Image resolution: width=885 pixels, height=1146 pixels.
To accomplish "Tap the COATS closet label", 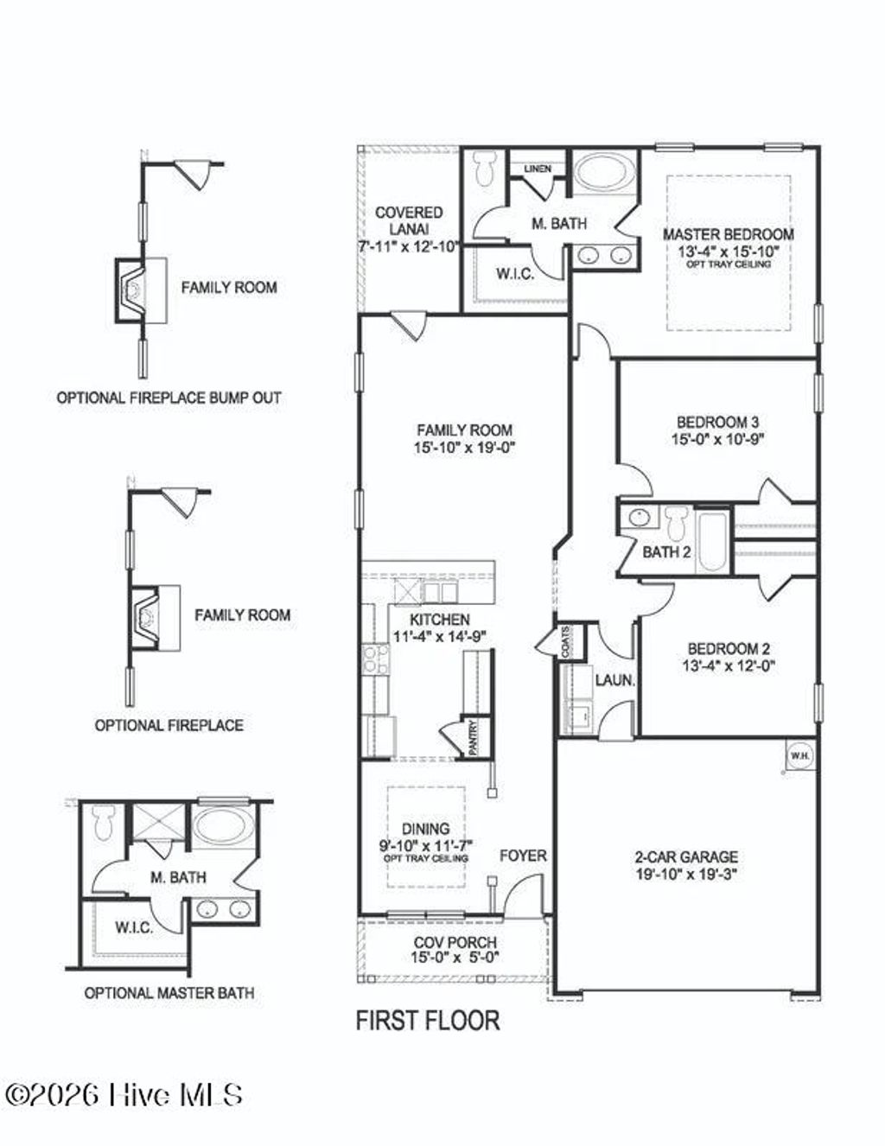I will click(x=565, y=643).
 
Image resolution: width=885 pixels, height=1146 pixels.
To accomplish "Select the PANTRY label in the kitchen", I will click(x=473, y=737).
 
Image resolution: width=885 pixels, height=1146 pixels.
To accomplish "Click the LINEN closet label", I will click(x=537, y=169).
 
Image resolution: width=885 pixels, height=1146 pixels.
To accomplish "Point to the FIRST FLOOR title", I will click(x=428, y=1020).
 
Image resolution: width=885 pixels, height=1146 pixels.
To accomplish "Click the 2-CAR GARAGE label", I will click(x=686, y=857).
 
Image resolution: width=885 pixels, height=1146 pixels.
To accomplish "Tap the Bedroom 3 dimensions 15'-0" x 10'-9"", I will click(x=716, y=439).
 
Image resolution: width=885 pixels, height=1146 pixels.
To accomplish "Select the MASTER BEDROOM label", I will click(x=728, y=233).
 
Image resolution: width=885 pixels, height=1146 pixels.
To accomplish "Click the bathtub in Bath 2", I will click(x=712, y=541).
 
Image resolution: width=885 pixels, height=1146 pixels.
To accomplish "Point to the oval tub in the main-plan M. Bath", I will click(x=603, y=173).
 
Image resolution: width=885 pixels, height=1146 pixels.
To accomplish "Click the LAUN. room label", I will click(x=614, y=681).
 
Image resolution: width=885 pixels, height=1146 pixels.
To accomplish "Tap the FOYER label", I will click(x=523, y=856).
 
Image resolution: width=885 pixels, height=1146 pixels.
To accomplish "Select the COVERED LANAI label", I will click(x=409, y=220).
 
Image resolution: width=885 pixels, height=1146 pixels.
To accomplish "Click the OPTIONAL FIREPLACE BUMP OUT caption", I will click(x=169, y=398).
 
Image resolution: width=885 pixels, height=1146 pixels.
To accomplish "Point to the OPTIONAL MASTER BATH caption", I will click(x=169, y=993).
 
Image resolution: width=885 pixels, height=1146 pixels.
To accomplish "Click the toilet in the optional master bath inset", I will click(x=104, y=821).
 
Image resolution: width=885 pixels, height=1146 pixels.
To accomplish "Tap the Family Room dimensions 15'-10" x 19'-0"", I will click(x=464, y=448).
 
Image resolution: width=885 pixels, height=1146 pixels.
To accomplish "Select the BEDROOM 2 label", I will click(x=729, y=649).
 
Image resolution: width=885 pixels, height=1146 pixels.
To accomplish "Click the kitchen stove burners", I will click(x=376, y=661).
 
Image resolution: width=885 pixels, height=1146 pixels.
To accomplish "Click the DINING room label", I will click(x=425, y=829).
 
